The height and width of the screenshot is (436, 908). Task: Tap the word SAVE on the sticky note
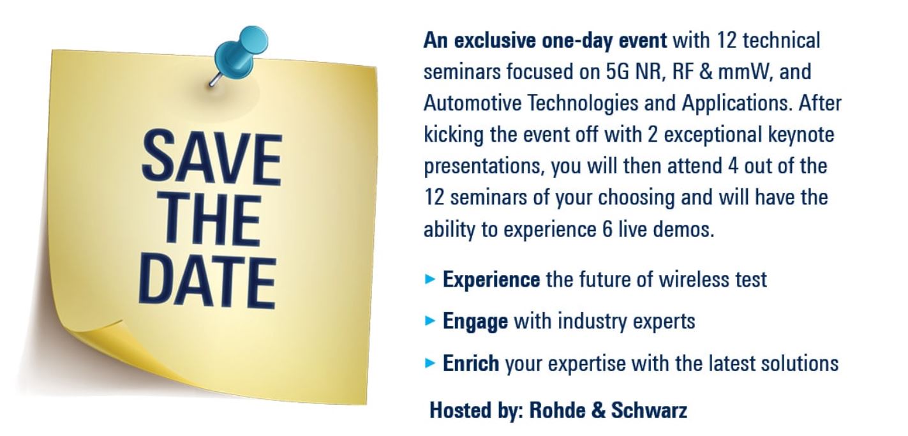212,158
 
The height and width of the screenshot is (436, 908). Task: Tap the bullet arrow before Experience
430,279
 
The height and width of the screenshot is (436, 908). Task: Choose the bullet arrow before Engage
430,321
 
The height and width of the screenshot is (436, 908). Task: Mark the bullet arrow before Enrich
430,363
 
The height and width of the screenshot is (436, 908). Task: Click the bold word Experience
491,280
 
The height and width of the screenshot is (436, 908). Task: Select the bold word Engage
475,322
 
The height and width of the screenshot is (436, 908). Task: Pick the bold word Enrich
471,363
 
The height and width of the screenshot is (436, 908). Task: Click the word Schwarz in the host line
650,410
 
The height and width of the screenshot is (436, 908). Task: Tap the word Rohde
557,410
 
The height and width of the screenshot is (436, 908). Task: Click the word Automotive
472,103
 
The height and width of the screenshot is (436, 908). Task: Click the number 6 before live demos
607,230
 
